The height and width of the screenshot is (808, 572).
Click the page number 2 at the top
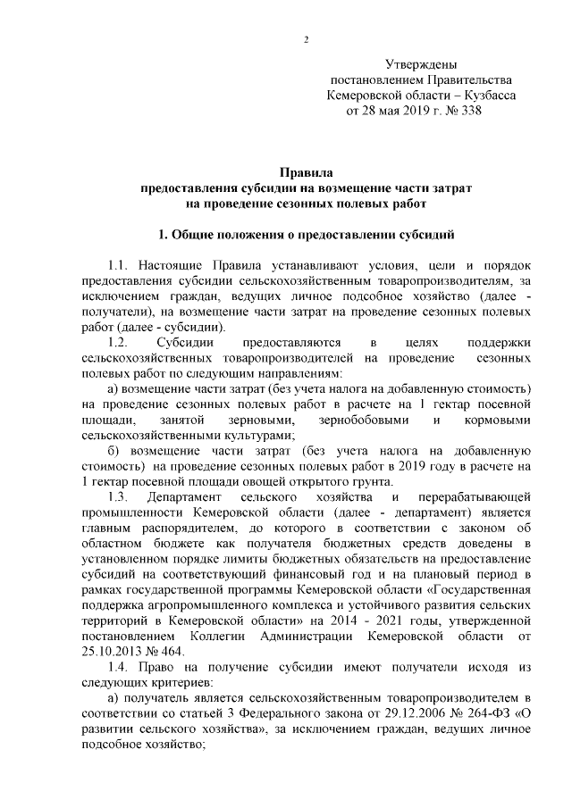click(x=306, y=39)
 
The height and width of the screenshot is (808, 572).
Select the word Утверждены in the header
click(x=421, y=64)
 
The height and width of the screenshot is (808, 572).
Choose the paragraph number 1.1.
click(x=119, y=267)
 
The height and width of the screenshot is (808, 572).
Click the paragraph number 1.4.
click(x=119, y=669)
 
